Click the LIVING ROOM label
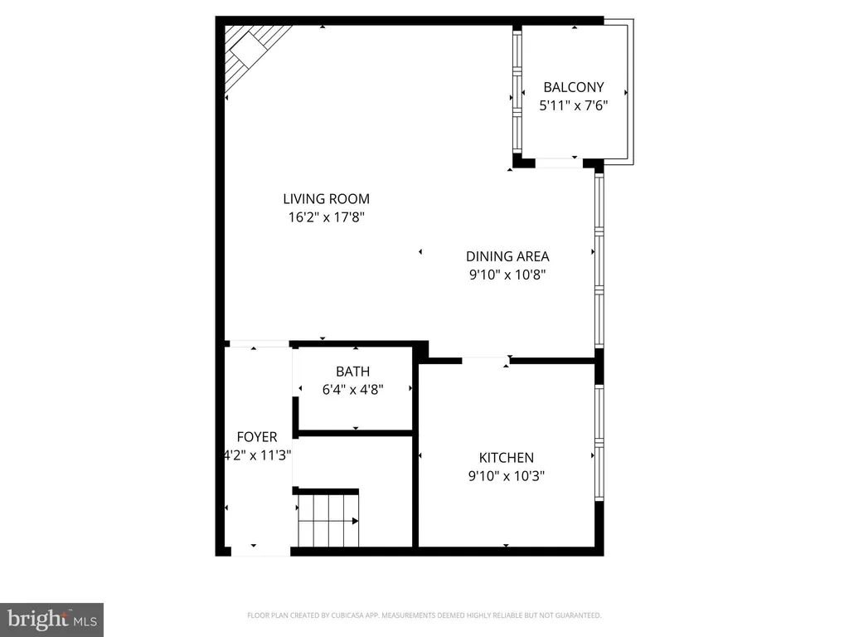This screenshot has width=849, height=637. tap(326, 199)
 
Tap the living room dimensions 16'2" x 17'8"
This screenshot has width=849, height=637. tap(326, 217)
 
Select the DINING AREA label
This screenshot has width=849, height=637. tap(507, 256)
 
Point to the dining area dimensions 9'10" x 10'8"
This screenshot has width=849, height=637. tap(507, 275)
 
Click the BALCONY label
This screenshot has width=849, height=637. tap(574, 87)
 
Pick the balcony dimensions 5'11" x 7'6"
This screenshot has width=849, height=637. tap(574, 105)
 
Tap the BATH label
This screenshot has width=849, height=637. tap(353, 372)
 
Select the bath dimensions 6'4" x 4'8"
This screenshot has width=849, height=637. tap(353, 390)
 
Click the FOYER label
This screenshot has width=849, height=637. tap(257, 436)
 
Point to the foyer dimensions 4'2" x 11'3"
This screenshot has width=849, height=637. tap(258, 455)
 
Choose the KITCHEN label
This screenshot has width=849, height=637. tap(507, 458)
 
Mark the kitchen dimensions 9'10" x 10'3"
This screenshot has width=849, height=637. tap(507, 476)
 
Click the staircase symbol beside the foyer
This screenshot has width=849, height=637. tap(328, 521)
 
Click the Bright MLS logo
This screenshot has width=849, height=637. tap(51, 620)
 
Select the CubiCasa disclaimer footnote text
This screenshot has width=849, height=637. tap(424, 615)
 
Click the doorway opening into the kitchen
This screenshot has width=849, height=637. tap(486, 360)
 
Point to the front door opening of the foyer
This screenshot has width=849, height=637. tap(261, 552)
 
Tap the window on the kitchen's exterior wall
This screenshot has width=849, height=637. tap(599, 443)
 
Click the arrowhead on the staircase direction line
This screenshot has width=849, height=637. tap(355, 521)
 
